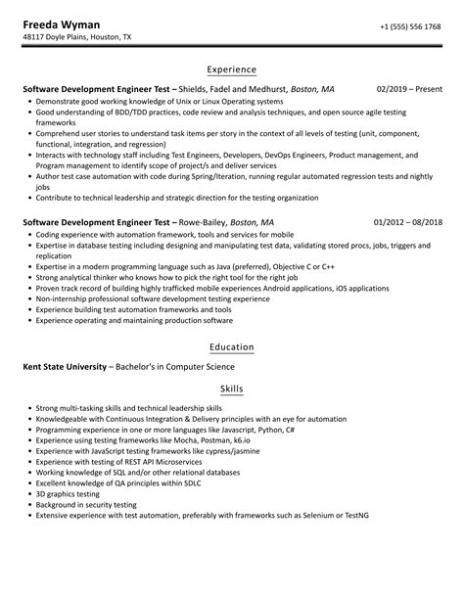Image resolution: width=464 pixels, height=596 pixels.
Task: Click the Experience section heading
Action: [232, 69]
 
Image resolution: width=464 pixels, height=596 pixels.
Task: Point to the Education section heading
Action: [232, 346]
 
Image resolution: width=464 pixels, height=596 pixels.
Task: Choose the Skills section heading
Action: [232, 390]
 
